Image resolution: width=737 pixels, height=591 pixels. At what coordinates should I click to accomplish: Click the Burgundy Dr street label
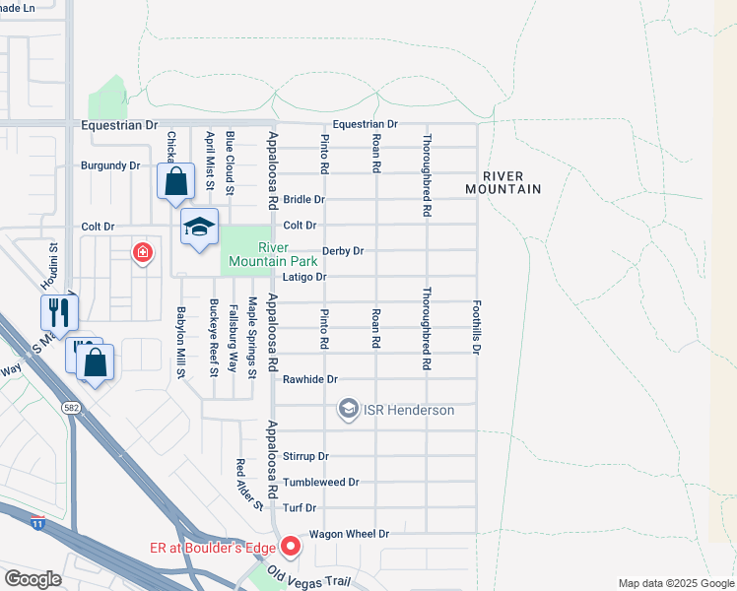109,165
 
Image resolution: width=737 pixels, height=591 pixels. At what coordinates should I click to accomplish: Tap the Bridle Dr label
303,200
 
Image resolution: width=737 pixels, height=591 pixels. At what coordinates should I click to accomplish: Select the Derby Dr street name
343,251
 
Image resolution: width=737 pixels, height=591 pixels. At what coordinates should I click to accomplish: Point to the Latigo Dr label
303,278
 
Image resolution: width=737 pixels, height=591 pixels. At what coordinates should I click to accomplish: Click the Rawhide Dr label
309,379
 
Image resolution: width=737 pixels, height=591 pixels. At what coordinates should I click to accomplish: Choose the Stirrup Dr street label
305,457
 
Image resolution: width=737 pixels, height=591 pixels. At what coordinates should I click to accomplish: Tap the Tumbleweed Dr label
320,483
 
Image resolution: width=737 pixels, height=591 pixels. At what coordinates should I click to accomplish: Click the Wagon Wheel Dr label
349,534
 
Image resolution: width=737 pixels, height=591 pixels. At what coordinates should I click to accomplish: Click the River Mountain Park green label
273,254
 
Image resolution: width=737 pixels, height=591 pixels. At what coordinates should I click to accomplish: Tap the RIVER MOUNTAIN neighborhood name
503,181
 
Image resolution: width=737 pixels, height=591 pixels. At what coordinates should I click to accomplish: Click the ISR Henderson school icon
347,409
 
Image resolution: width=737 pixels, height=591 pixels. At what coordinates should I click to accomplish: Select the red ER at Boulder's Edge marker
291,546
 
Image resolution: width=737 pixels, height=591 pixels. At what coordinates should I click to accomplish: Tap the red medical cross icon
144,253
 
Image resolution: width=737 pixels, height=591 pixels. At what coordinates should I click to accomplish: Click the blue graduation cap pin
199,228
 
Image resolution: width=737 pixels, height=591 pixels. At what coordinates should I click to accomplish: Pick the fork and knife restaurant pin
59,312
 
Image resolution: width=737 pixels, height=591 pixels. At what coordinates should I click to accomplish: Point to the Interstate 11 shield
37,522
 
